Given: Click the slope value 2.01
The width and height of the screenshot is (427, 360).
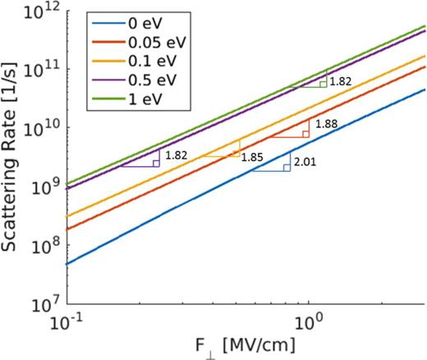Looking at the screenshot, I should pos(305,163).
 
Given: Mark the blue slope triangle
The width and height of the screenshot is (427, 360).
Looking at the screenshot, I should pos(275,162).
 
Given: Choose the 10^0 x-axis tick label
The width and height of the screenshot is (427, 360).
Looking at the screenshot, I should pos(308,321).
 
